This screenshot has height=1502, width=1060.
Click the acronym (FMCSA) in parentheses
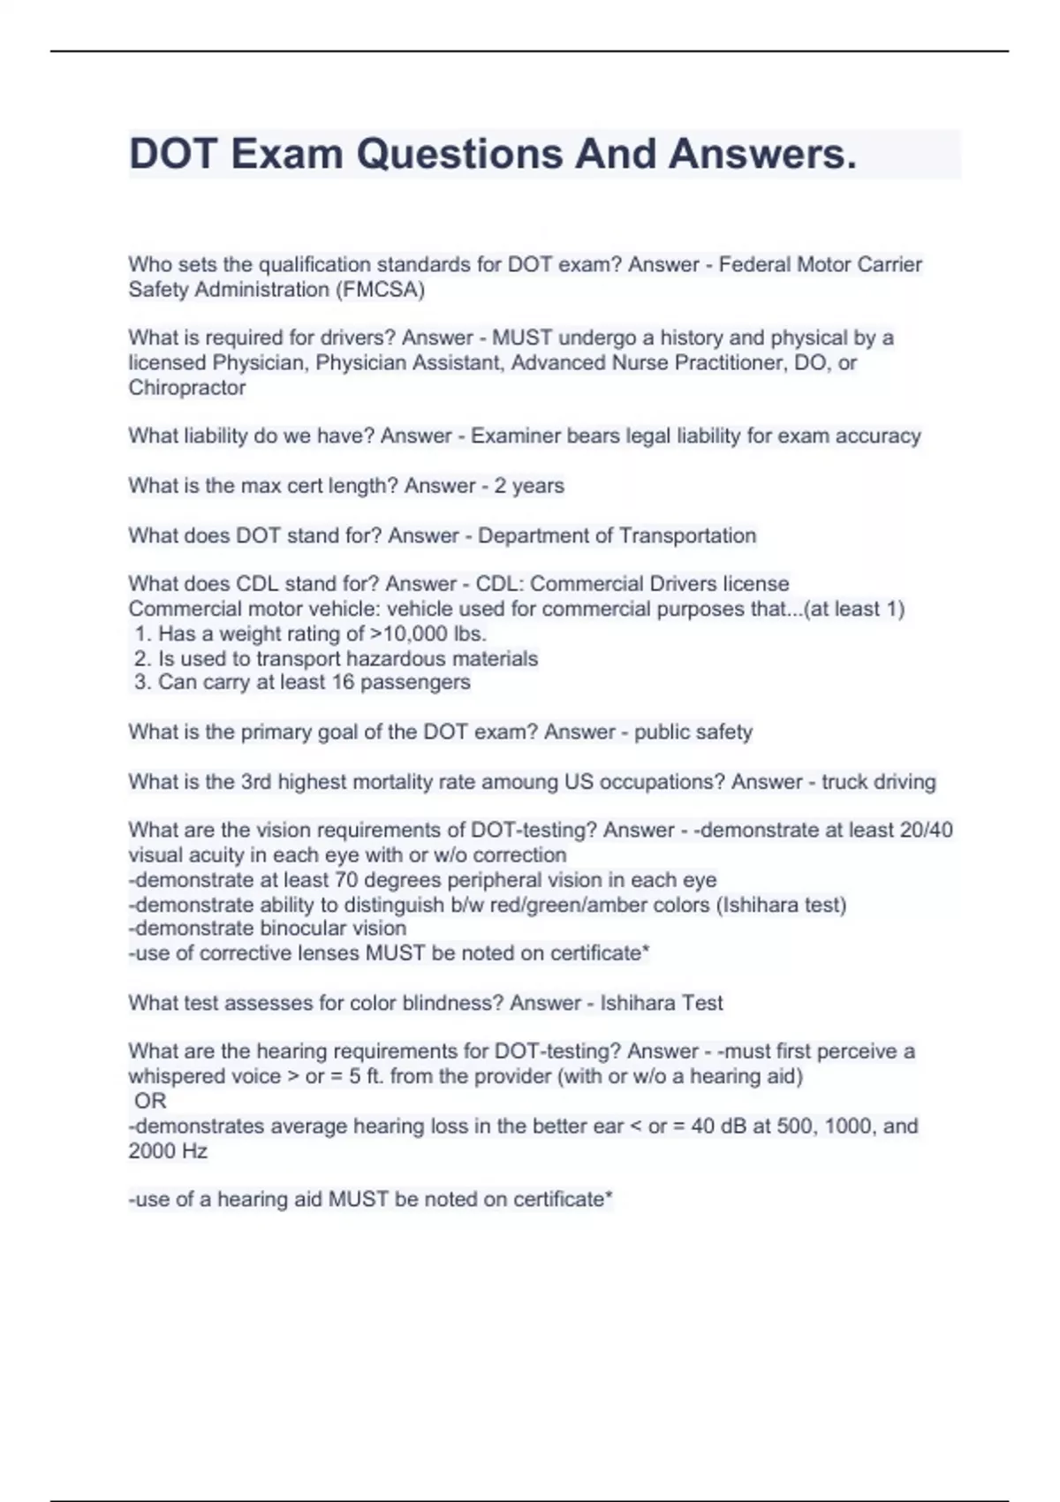coord(380,290)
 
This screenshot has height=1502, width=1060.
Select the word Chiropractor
coord(186,388)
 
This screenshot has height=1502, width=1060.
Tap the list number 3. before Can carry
coord(143,682)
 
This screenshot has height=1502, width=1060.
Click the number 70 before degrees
coord(346,880)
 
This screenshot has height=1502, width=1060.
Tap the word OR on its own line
coord(150,1101)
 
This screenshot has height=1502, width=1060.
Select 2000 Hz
coord(168,1151)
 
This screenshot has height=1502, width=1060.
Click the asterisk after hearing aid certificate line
coord(608,1197)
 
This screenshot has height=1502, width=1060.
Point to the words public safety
coord(693,732)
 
